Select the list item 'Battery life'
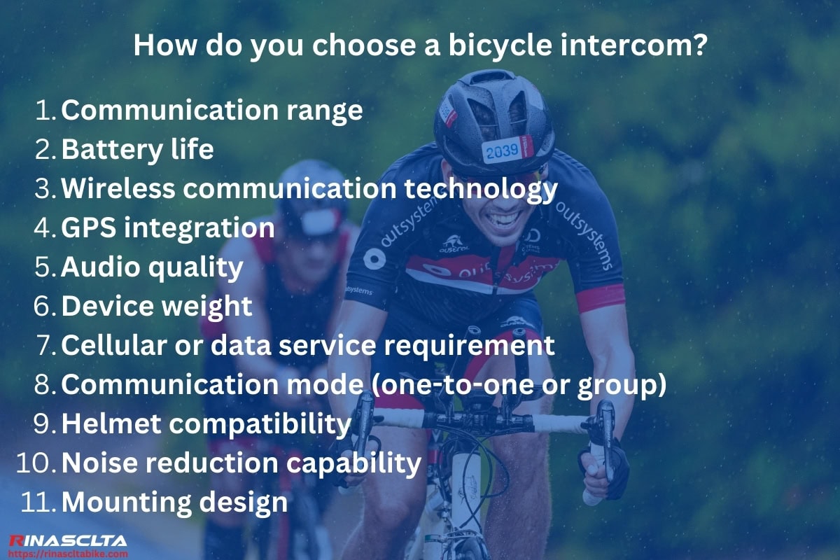point(137,150)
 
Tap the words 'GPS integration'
point(168,228)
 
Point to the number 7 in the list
point(48,345)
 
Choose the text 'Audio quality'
point(152,267)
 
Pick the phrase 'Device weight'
point(157,307)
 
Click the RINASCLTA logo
point(67,540)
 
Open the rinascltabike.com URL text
point(67,552)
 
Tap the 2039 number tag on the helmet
point(504,150)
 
